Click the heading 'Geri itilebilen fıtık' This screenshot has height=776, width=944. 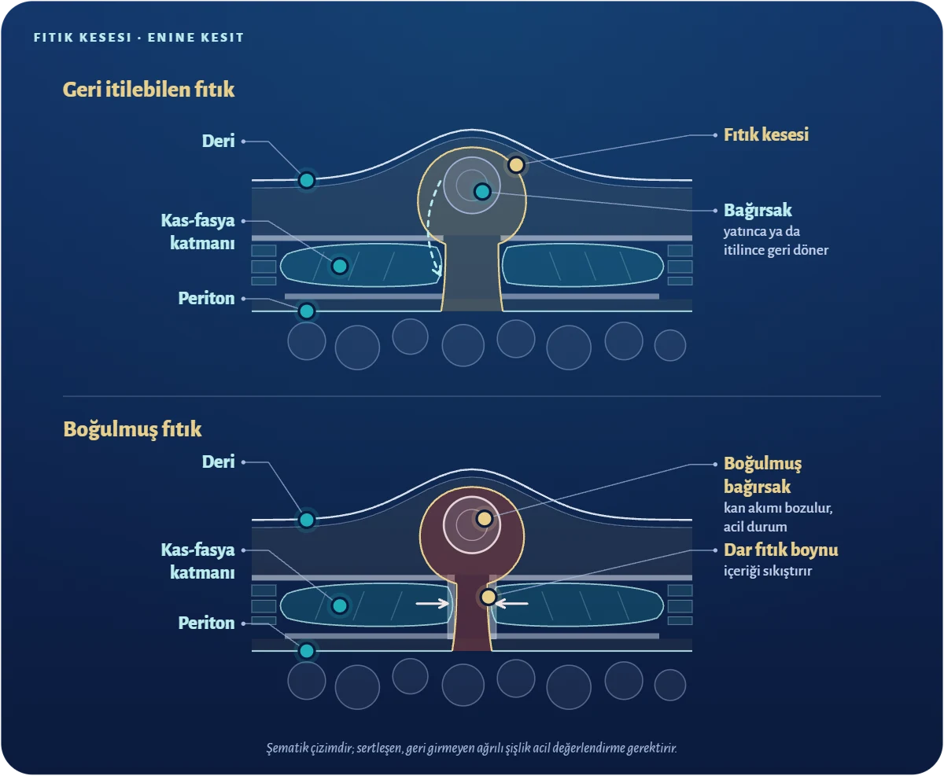coord(148,90)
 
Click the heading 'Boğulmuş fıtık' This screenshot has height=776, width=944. coord(132,429)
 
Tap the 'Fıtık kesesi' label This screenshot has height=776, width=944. coord(766,134)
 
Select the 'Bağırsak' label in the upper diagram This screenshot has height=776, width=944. coord(758,210)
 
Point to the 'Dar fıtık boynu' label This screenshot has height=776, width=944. coord(780,550)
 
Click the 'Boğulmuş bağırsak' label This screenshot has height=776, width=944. coord(763,475)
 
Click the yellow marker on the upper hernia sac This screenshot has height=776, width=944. coord(516,164)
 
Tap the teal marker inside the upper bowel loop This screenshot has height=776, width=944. coord(482,191)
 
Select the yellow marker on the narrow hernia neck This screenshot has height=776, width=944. coord(488,597)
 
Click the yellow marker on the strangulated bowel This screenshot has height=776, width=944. coord(485,519)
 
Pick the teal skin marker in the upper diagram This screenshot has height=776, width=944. coord(307,180)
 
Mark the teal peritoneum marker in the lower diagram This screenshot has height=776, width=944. coord(307,651)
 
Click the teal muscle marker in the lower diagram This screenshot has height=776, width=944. coord(340,605)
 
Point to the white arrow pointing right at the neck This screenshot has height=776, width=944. coord(433,603)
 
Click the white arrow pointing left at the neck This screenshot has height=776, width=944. coord(512,603)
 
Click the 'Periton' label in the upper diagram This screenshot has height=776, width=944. coord(206,298)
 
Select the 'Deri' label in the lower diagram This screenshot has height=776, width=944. coord(218,462)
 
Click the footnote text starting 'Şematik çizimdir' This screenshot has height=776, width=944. coord(471,748)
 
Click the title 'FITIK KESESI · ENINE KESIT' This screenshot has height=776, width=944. coord(138,38)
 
